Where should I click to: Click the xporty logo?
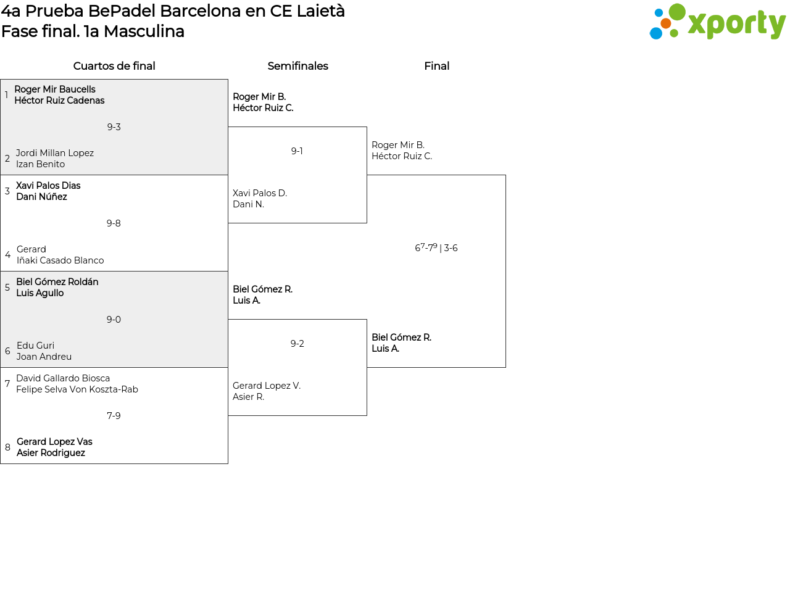click(x=717, y=22)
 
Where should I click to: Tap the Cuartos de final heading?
click(x=114, y=66)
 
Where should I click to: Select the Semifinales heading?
click(x=297, y=66)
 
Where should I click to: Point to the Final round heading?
click(x=436, y=66)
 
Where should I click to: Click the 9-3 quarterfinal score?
click(x=114, y=127)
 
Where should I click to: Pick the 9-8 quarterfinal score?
click(x=114, y=223)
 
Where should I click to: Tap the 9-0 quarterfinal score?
click(x=114, y=320)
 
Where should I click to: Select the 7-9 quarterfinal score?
click(x=114, y=416)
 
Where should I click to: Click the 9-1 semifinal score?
click(x=297, y=151)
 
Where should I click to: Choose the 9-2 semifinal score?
click(x=297, y=344)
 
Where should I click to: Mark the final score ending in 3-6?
click(x=436, y=248)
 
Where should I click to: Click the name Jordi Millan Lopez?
click(x=55, y=153)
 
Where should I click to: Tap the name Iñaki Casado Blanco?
click(x=60, y=260)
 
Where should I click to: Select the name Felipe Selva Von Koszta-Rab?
click(x=77, y=389)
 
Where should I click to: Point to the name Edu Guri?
click(x=35, y=346)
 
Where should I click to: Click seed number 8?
click(x=7, y=447)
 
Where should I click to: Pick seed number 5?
click(x=7, y=288)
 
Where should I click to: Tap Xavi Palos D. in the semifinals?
click(x=260, y=193)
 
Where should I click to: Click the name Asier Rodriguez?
click(x=51, y=453)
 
